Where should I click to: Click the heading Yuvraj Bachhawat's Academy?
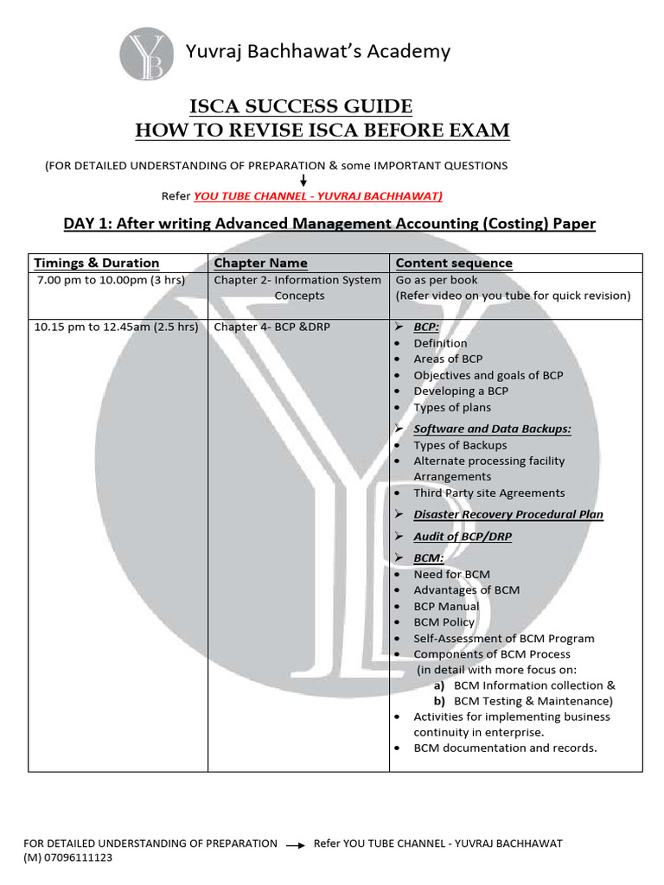pos(318,52)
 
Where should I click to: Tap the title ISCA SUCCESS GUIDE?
pos(301,107)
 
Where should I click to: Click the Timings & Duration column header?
pos(96,263)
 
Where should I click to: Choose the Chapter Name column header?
pos(260,263)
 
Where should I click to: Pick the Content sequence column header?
pos(454,263)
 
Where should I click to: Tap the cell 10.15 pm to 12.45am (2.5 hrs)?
pos(116,327)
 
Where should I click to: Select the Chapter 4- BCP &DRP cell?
pos(271,327)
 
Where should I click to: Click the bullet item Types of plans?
pos(451,407)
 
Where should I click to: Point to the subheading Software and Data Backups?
pos(492,429)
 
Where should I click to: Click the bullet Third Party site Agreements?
pos(488,493)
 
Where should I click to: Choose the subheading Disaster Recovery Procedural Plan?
pos(508,514)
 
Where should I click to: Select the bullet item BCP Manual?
pos(446,606)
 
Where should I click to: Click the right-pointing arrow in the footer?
pos(295,844)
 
